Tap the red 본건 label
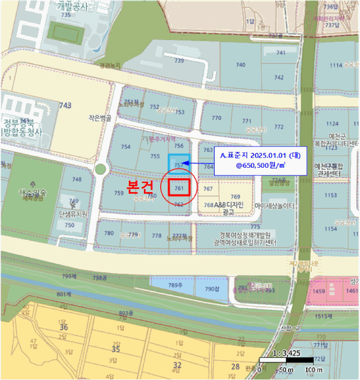(140, 186)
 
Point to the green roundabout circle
(100, 169)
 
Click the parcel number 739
(179, 61)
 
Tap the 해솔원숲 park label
(33, 193)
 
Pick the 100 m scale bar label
(314, 370)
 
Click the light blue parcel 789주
(174, 286)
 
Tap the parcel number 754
(126, 147)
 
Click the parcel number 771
(247, 121)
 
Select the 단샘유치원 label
(73, 214)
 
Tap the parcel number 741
(281, 53)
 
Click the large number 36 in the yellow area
(64, 327)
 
